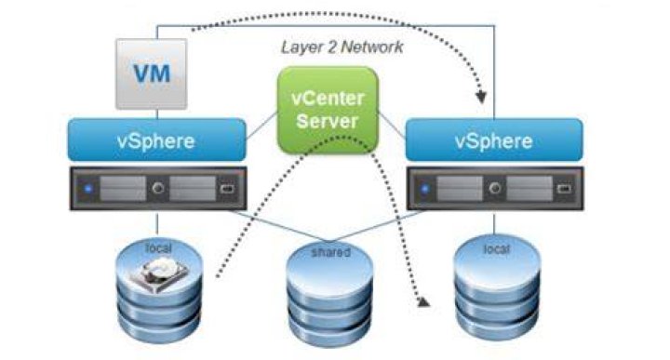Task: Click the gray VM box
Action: [152, 73]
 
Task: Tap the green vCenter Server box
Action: [328, 110]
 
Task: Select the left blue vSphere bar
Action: [157, 140]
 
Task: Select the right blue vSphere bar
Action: [494, 140]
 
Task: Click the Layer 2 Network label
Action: [342, 47]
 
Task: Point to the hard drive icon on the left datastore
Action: [164, 274]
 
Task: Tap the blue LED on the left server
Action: [89, 188]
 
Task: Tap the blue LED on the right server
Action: [425, 188]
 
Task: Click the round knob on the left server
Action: [158, 188]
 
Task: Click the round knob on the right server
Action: [495, 188]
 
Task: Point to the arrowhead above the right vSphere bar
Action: [482, 98]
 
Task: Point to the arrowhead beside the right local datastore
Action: [423, 302]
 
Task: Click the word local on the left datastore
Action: [158, 247]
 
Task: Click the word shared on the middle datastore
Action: [330, 252]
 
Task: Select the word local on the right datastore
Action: [497, 248]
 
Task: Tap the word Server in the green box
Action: [327, 121]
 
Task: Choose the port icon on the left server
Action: [227, 188]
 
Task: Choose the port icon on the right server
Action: [564, 188]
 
